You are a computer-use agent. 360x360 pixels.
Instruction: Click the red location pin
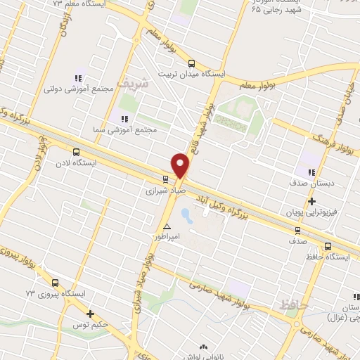[x=181, y=165]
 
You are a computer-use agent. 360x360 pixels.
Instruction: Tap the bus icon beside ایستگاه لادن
[x=76, y=151]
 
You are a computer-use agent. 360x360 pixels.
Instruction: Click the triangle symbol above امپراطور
[x=167, y=226]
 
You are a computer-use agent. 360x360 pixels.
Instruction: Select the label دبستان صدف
[x=309, y=183]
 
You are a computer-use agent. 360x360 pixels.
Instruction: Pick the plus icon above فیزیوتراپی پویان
[x=311, y=201]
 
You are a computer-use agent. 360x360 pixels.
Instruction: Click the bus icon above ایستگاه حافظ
[x=328, y=246]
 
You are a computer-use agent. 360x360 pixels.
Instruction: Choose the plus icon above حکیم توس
[x=90, y=314]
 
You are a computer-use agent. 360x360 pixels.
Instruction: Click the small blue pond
[x=186, y=214]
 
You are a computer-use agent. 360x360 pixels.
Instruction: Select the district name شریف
[x=133, y=84]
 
